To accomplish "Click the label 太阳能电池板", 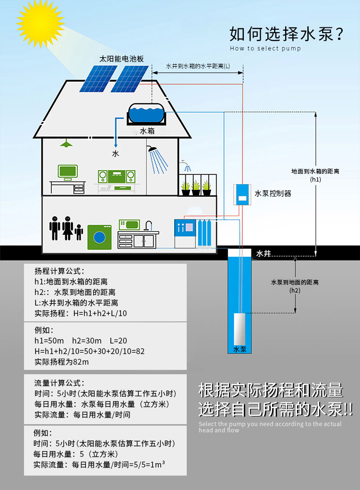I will click(121, 59).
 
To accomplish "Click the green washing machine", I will click(99, 237).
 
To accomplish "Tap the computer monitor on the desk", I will click(68, 172).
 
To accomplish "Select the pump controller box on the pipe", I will click(242, 194).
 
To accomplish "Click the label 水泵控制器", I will click(273, 194).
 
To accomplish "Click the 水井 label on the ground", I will click(264, 254).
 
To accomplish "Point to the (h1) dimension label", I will click(315, 179).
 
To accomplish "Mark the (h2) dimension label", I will click(295, 290).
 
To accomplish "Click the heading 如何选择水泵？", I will click(287, 35).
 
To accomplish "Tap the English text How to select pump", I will click(265, 49).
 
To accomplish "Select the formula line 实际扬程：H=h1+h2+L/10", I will click(81, 313).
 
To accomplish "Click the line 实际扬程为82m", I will click(62, 362).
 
